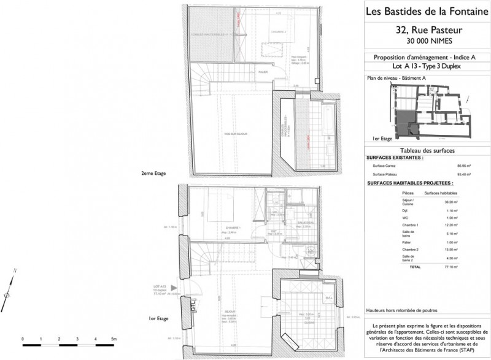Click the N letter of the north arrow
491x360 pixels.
pyautogui.click(x=14, y=270)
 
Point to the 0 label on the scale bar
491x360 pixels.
pyautogui.click(x=22, y=339)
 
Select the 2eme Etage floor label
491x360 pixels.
pyautogui.click(x=153, y=174)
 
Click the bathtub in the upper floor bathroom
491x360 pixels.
pyautogui.click(x=326, y=123)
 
